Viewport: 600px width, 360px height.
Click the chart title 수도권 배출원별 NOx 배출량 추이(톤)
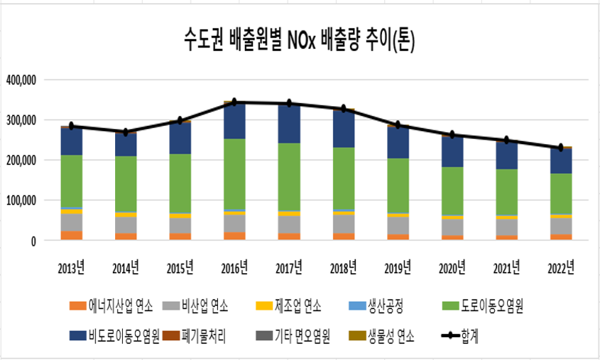pyautogui.click(x=300, y=36)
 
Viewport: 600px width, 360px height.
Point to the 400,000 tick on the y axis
pyautogui.click(x=26, y=79)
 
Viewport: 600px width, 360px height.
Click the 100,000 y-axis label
pyautogui.click(x=26, y=201)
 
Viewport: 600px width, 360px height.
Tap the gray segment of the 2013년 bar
pyautogui.click(x=72, y=221)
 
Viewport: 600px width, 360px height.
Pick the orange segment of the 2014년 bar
pyautogui.click(x=126, y=236)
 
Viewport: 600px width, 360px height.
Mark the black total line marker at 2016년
pyautogui.click(x=235, y=101)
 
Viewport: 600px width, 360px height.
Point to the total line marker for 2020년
pyautogui.click(x=451, y=134)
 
